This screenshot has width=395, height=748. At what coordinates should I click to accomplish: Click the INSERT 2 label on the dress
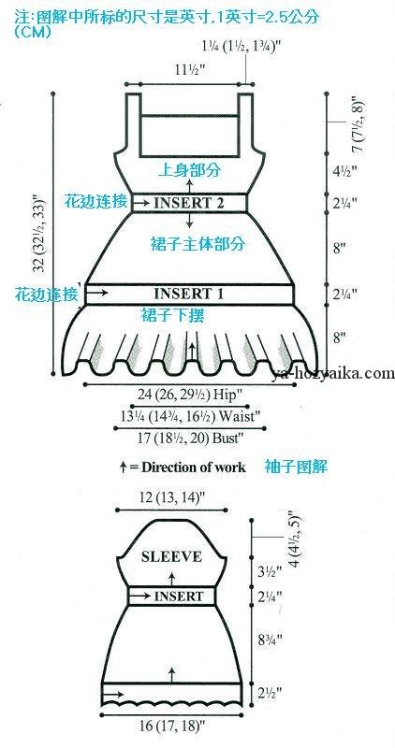click(189, 203)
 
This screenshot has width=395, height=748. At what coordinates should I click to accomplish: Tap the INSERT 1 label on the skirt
click(189, 293)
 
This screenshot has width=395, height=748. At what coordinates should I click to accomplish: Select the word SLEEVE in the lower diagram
click(171, 556)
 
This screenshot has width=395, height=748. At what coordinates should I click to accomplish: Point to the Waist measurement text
click(190, 415)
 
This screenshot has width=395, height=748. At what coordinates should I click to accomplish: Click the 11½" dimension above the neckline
click(189, 69)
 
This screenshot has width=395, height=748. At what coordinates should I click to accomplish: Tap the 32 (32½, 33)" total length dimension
click(41, 234)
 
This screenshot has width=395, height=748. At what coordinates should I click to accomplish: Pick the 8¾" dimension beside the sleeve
click(268, 639)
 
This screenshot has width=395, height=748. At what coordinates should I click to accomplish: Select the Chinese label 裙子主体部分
click(196, 244)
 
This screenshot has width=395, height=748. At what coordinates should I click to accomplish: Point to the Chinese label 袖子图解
click(296, 467)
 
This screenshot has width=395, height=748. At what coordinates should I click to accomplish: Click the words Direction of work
click(194, 467)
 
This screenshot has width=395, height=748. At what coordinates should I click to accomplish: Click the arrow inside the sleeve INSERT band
click(140, 596)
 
